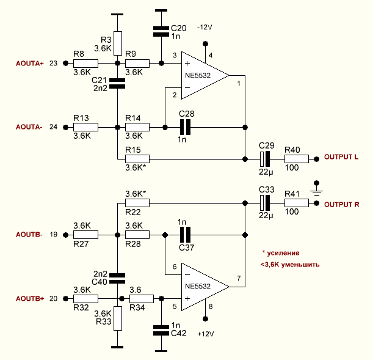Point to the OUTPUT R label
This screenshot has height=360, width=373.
[x=341, y=205]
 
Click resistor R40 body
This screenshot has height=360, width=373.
[x=297, y=159]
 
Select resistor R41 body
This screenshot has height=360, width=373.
[x=297, y=204]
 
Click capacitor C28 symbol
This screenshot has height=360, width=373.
[x=186, y=127]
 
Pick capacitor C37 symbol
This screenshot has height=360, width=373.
[x=186, y=235]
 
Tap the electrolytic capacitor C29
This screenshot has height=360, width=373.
[x=264, y=159]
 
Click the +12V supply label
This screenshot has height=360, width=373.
[x=206, y=334]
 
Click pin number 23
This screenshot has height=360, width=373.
[x=53, y=64]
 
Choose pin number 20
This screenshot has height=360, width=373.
[x=53, y=299]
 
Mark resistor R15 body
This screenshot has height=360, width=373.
[x=137, y=159]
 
